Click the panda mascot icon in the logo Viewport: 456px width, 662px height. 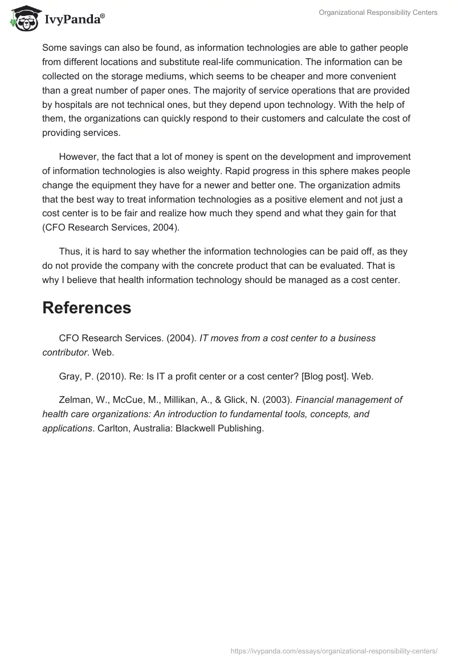point(21,18)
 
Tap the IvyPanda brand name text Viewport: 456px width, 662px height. point(75,19)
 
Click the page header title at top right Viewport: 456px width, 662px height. point(378,13)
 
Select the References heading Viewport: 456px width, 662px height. point(87,308)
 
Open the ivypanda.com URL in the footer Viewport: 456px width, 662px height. point(334,650)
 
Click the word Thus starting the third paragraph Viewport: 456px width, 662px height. point(70,252)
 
